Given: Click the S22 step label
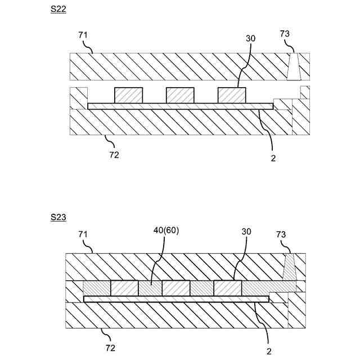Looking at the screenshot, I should (x=58, y=10).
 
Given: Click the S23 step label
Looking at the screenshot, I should (x=58, y=217).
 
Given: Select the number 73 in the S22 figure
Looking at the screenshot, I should (x=285, y=34).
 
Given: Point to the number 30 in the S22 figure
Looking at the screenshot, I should (x=250, y=38).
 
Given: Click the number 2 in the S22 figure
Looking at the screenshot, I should (x=273, y=159).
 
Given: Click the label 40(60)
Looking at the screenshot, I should (x=166, y=231).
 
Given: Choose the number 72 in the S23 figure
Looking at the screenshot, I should (x=110, y=348).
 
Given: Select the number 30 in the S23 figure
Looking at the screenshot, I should (x=246, y=231).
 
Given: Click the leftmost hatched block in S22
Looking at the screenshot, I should (x=128, y=96).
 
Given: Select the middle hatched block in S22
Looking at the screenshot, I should (x=180, y=96).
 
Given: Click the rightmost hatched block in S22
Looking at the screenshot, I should (x=232, y=96).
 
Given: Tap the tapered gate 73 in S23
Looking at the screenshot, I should (x=290, y=267).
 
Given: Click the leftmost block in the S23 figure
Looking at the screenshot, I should (x=124, y=289).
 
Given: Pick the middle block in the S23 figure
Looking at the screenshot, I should (x=176, y=289).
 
